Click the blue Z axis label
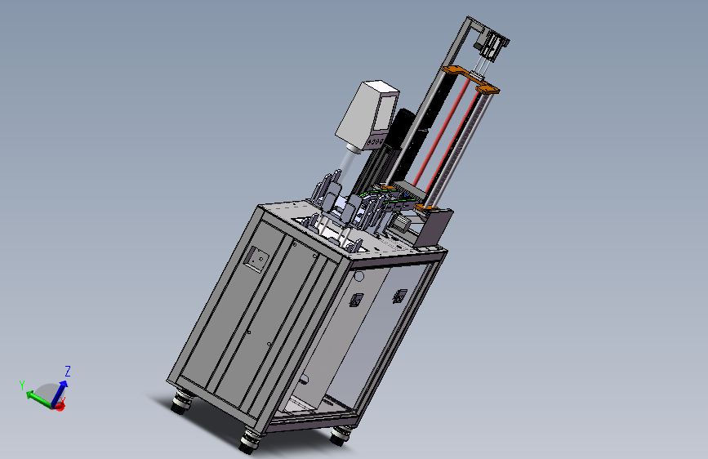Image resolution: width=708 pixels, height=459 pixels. point(68,372)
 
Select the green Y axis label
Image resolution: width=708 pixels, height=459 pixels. point(22,385)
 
